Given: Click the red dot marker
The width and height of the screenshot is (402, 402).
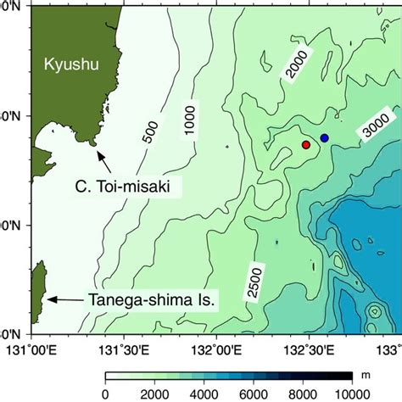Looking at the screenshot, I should [306, 145].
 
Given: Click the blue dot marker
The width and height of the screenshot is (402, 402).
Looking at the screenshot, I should [324, 137].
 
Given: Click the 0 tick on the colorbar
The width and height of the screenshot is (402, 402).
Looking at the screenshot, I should [105, 394].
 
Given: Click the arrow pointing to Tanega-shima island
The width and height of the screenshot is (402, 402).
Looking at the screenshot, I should [64, 299].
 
